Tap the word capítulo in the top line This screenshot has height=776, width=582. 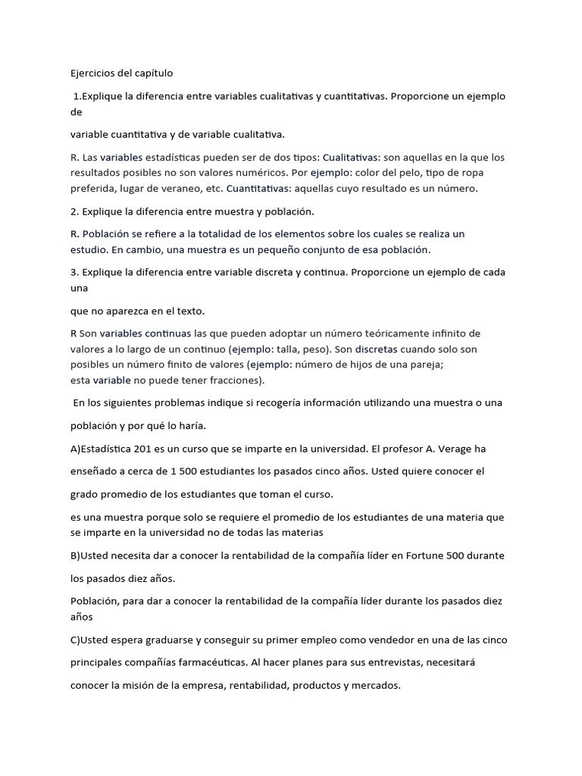click(152, 74)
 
